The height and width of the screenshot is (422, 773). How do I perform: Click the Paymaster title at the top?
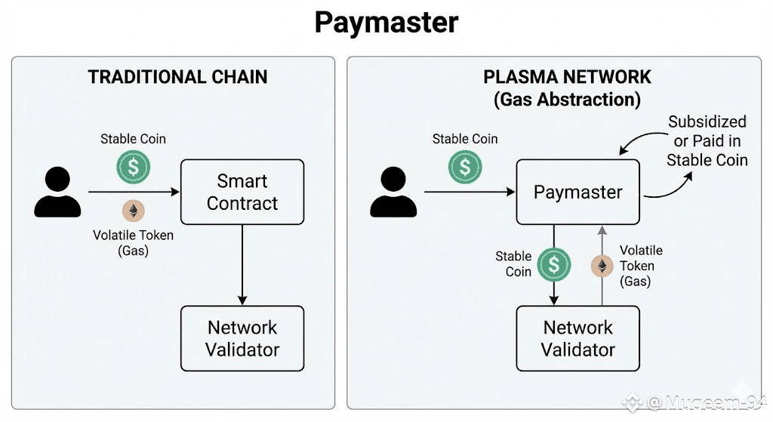click(x=386, y=23)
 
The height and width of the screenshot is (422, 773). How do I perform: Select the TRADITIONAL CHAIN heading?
click(x=177, y=77)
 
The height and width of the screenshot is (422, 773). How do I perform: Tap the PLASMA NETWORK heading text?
click(x=567, y=77)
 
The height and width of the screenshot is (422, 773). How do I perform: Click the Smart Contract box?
click(x=242, y=192)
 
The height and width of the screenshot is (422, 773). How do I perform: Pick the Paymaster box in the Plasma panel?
click(x=577, y=192)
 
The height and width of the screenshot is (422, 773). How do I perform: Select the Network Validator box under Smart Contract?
click(x=242, y=338)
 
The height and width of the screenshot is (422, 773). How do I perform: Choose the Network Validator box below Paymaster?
click(x=577, y=338)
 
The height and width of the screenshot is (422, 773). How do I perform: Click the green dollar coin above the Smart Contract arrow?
click(x=134, y=168)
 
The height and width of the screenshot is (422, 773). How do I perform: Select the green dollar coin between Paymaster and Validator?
click(x=554, y=264)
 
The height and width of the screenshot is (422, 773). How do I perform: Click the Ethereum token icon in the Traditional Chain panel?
click(x=134, y=211)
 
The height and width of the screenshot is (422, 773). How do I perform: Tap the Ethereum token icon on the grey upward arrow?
click(x=602, y=266)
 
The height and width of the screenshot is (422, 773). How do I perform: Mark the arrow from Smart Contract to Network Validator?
click(x=242, y=264)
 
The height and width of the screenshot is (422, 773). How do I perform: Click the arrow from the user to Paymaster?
click(x=468, y=193)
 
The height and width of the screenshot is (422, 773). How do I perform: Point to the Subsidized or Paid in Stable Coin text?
click(x=707, y=140)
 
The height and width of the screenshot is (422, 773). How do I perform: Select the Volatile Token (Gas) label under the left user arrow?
click(x=133, y=243)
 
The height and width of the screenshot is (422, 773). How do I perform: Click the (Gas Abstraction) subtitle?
click(x=567, y=99)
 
